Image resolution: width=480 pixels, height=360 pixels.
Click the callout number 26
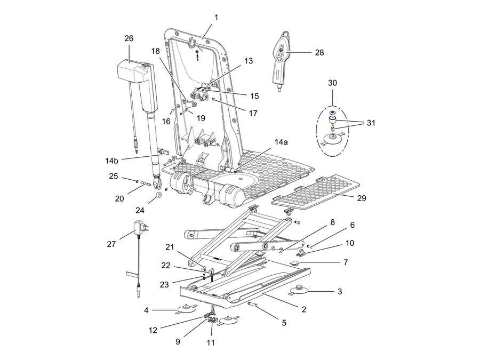(x=129, y=38)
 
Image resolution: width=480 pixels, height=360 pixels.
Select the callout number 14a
(x=281, y=142)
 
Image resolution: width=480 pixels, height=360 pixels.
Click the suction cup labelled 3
(x=299, y=291)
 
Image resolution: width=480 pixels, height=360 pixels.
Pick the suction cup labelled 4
(x=187, y=309)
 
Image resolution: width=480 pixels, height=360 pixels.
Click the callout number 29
(x=362, y=198)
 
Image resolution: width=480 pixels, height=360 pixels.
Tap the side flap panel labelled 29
(x=316, y=192)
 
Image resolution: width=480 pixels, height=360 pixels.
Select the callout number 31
(x=371, y=123)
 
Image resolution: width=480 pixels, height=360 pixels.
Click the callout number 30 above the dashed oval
(x=332, y=83)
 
